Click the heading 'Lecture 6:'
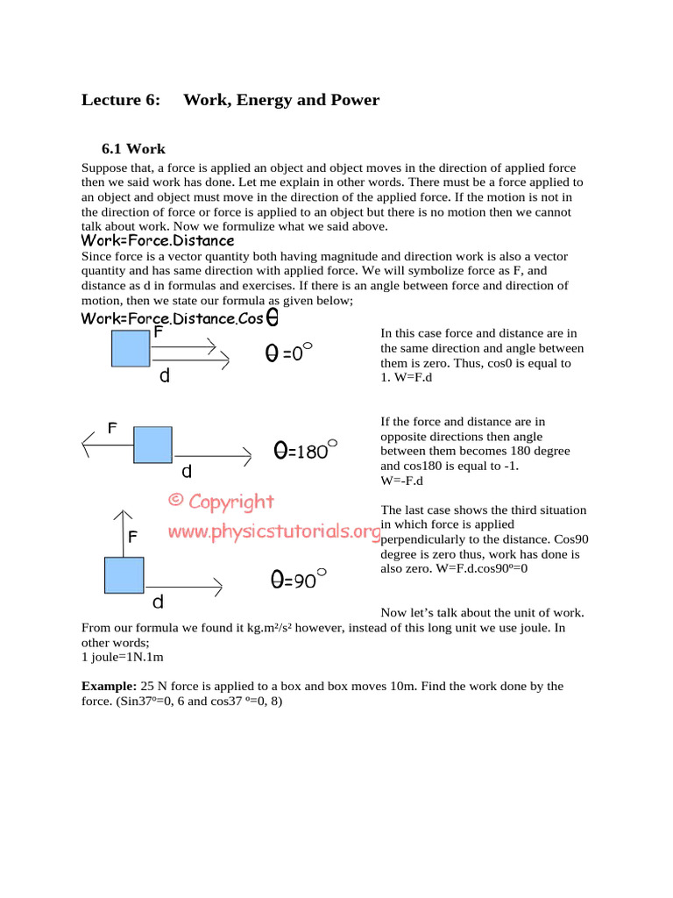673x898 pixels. [x=121, y=100]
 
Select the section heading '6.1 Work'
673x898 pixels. [x=133, y=149]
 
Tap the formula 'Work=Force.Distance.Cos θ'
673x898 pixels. [x=181, y=317]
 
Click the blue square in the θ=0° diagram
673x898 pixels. [x=131, y=349]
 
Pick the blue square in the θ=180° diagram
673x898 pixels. [x=152, y=445]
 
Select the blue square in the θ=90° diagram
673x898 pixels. [x=124, y=575]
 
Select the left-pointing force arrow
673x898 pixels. [x=107, y=445]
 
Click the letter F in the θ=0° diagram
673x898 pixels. [x=158, y=332]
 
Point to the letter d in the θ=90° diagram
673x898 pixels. [x=158, y=602]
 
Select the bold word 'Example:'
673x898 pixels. [x=109, y=686]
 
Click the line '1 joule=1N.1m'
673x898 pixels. [x=123, y=656]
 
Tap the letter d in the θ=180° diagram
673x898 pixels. [x=185, y=471]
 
